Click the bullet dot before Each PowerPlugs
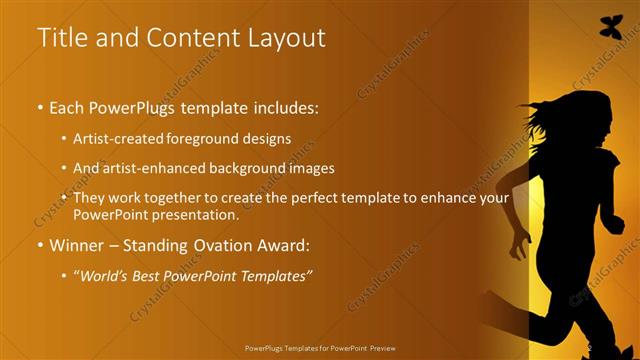pos(39,107)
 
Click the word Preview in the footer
pos(385,350)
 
